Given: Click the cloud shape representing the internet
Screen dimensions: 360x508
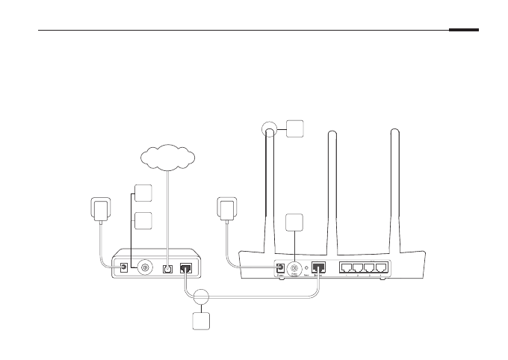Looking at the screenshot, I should [167, 158].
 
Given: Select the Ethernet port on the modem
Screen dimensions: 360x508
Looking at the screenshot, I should [187, 266].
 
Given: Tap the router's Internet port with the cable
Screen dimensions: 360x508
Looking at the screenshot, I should [318, 266].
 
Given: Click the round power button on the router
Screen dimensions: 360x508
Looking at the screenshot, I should [296, 266].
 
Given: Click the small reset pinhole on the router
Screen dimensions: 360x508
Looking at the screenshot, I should [307, 267].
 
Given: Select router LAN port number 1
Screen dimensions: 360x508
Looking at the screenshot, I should [345, 267].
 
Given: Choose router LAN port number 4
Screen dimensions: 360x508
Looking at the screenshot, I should [382, 267].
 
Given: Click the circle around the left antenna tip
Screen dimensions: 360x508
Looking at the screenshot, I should [270, 131].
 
